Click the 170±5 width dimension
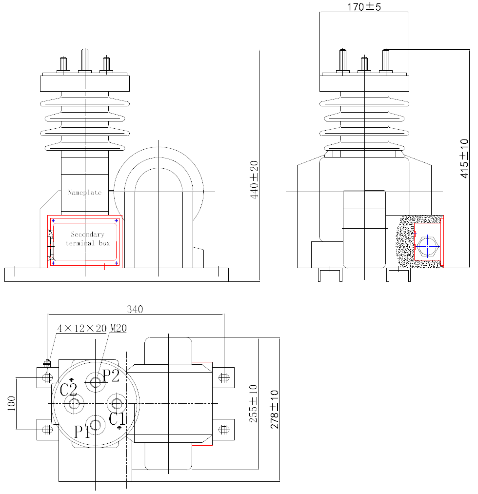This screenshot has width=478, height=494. click(364, 7)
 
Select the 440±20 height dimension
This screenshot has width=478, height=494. click(254, 179)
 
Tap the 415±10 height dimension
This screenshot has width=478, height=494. click(464, 158)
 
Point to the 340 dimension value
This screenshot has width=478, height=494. click(135, 309)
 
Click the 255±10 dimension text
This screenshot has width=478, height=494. click(253, 403)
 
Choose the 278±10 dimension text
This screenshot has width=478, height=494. click(275, 409)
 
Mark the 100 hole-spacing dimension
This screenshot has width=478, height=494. click(11, 403)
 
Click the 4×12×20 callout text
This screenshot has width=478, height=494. click(82, 328)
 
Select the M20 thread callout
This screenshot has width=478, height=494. click(118, 328)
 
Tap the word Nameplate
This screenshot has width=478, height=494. click(85, 192)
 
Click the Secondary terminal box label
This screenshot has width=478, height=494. click(88, 238)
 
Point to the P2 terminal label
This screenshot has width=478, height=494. click(111, 375)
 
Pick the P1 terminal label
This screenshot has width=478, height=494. click(82, 432)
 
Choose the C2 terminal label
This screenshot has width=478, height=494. click(68, 390)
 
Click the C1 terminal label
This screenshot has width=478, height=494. click(117, 419)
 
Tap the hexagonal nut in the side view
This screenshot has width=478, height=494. click(427, 246)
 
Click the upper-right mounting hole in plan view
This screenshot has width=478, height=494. click(224, 377)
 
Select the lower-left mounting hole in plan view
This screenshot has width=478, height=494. click(47, 429)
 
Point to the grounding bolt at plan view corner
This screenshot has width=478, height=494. click(47, 364)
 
